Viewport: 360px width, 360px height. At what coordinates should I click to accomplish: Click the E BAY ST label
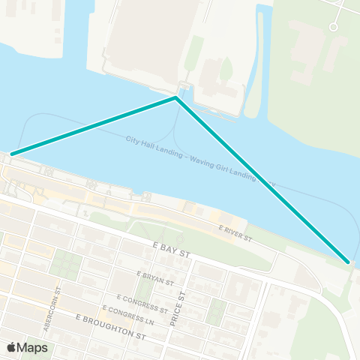click(x=170, y=250)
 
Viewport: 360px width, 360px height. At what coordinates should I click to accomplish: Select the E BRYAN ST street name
click(x=155, y=279)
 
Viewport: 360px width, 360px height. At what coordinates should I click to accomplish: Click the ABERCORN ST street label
click(x=58, y=303)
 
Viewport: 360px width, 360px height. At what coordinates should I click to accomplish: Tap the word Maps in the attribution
click(x=33, y=347)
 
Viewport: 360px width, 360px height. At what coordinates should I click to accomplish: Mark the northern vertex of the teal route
click(x=175, y=97)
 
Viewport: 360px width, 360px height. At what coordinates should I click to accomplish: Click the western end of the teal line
click(x=11, y=154)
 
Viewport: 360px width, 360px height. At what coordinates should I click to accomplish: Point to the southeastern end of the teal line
click(x=348, y=262)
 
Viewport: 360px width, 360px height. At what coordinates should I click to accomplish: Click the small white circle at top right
click(x=334, y=27)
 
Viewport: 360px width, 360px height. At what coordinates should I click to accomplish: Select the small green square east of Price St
click(x=216, y=308)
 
